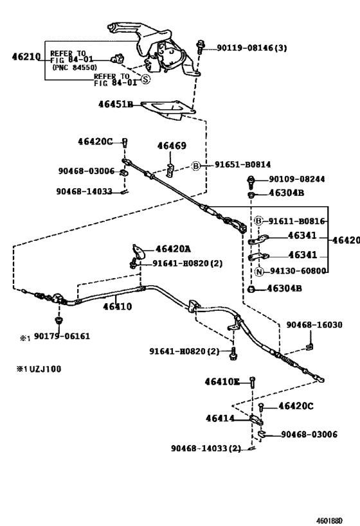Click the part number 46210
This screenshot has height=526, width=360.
coord(25,57)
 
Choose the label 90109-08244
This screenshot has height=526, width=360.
coord(296,179)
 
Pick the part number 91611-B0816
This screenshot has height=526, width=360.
coord(296,220)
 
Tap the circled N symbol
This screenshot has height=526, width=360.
coord(259,271)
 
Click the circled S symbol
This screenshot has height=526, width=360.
coord(145,80)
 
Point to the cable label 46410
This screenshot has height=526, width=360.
coord(116,307)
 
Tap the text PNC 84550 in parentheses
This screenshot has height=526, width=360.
coord(72,67)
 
